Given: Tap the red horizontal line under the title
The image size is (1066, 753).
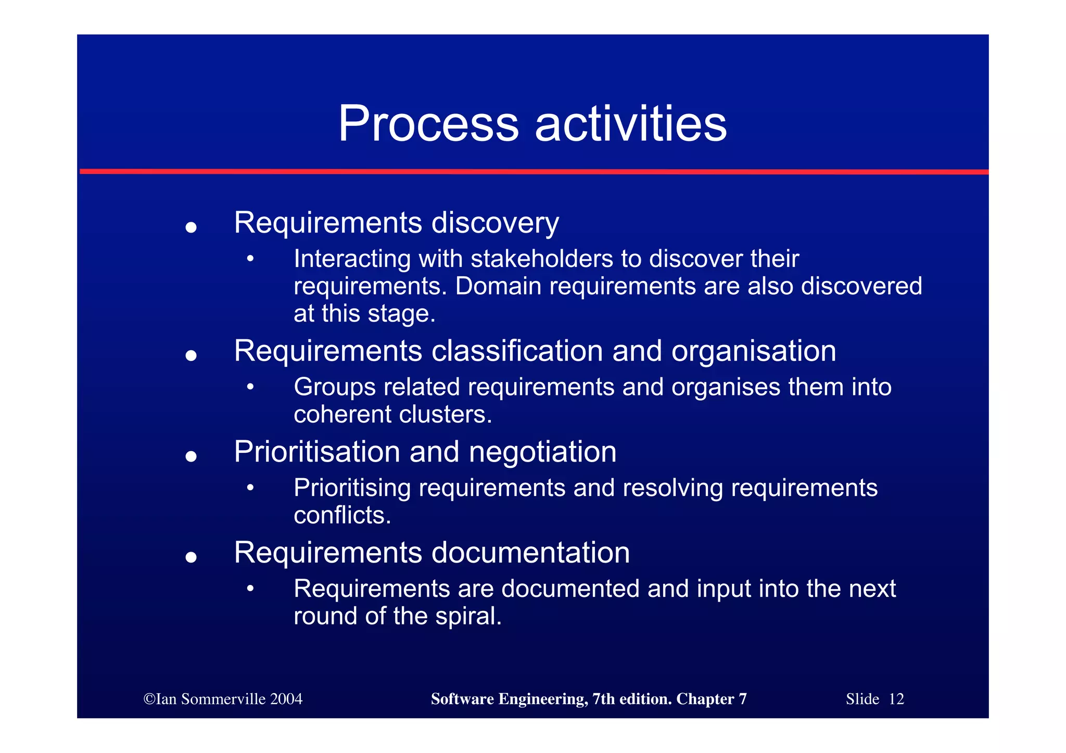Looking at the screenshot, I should point(533,171).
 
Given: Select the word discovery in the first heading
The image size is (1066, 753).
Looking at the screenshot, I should point(495,223).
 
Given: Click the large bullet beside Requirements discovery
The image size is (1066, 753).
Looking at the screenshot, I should point(191,227).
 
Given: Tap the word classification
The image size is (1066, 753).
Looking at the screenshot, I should point(517,351).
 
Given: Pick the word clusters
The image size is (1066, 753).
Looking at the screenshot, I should point(445,415).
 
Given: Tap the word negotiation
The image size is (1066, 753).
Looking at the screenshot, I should point(542,452).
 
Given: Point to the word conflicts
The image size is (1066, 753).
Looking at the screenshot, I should point(342,515).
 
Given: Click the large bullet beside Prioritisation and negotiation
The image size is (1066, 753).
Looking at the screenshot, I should point(191,456).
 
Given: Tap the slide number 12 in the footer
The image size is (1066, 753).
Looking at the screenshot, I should point(896,699).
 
